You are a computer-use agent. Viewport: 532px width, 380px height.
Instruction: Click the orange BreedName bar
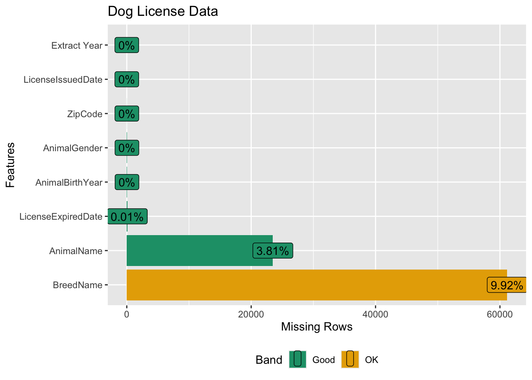tap(309, 285)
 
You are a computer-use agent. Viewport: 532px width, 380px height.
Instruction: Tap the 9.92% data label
tap(507, 285)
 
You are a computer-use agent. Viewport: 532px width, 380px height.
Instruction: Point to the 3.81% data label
tap(273, 251)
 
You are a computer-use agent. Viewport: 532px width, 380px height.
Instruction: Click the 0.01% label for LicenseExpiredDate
tap(127, 217)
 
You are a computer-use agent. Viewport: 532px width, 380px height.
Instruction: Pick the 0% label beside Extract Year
tap(127, 45)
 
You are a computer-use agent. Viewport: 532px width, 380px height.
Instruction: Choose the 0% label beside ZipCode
tap(127, 114)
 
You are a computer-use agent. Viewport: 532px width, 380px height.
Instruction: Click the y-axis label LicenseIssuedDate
tap(63, 80)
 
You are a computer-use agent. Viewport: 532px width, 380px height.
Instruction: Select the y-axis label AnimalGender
tap(73, 148)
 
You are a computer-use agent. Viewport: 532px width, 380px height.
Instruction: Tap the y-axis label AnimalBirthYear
tap(69, 182)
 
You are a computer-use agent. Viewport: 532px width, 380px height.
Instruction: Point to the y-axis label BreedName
tap(78, 285)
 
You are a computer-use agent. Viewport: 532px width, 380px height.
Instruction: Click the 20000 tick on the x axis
tap(251, 314)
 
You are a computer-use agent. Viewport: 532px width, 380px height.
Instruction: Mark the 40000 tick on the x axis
tap(375, 314)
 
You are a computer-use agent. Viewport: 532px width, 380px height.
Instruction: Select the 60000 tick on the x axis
tap(500, 314)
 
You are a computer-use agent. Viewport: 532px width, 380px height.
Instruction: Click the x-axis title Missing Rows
tap(317, 327)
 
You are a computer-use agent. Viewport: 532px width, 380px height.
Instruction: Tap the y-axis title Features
tap(10, 165)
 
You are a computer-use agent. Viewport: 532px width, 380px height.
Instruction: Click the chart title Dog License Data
tap(163, 11)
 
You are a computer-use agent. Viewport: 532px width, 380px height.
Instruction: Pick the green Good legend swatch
tap(297, 359)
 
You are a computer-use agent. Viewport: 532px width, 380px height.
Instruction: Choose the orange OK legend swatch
tap(350, 359)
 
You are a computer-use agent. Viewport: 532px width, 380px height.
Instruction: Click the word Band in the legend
tap(269, 360)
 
